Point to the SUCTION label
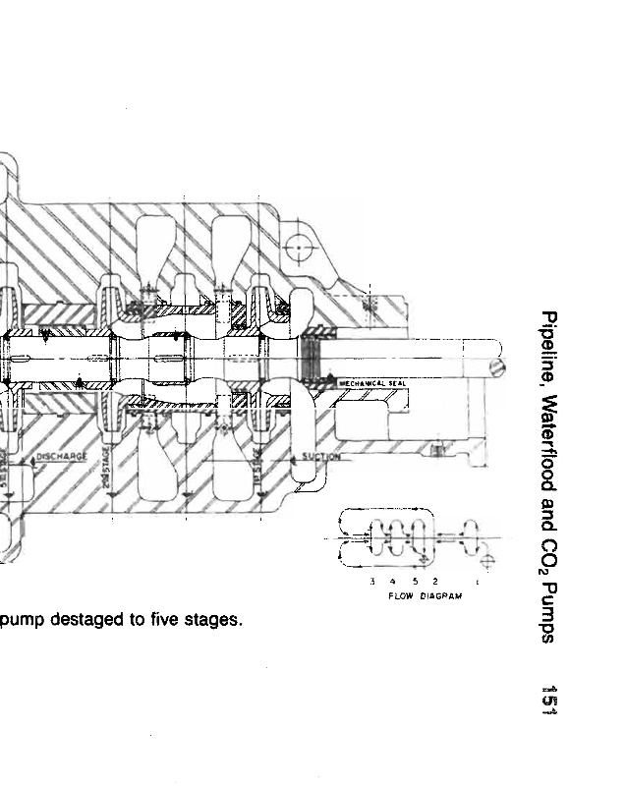[320, 457]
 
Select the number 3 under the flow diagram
[372, 583]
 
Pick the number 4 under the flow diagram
[393, 583]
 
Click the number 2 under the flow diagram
[434, 583]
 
